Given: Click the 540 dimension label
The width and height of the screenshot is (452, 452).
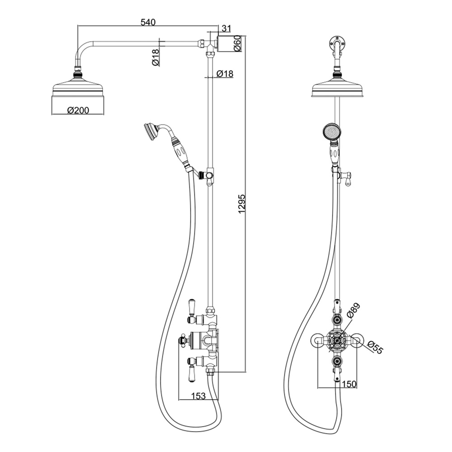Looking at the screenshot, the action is (x=148, y=22).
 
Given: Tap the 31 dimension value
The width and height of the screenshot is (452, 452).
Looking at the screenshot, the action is (x=226, y=28).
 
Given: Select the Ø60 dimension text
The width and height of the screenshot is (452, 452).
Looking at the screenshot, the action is (x=237, y=43).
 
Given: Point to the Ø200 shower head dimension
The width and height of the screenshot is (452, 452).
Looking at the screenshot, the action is (x=78, y=110).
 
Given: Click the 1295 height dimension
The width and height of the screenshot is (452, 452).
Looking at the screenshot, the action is (x=241, y=203).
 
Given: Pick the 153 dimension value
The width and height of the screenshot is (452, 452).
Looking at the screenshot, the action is (x=198, y=396).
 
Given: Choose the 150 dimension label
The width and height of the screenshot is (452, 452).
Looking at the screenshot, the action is (x=349, y=384).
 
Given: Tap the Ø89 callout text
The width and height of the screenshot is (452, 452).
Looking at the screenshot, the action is (x=353, y=311).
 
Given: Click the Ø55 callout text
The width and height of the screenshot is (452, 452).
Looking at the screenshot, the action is (x=375, y=347).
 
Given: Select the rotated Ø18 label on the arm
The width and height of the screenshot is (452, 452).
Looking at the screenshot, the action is (x=155, y=57).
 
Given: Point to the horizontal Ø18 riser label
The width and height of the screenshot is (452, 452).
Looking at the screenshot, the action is (x=225, y=74).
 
